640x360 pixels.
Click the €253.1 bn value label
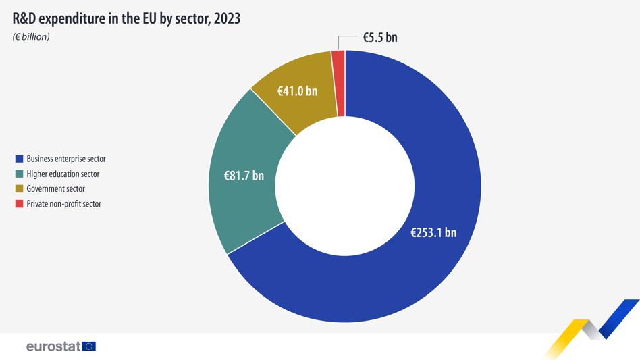pos(433,232)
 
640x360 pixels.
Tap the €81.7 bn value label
pos(244,176)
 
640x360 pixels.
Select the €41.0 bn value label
pos(298,91)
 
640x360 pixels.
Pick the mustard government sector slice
pos(297,101)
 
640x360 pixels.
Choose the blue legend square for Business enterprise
pos(20,159)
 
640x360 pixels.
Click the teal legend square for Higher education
pos(20,174)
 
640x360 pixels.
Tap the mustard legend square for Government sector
pos(20,189)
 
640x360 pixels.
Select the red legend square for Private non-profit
pos(20,204)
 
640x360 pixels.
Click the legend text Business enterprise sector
pos(66,159)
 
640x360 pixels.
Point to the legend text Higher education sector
pos(63,174)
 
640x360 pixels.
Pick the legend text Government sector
pos(55,189)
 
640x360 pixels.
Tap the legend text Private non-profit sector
pos(63,204)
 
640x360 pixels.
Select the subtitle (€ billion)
pos(31,36)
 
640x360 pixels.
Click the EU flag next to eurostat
pos(88,346)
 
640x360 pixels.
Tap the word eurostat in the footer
pos(53,346)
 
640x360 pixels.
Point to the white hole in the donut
pos(345,186)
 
